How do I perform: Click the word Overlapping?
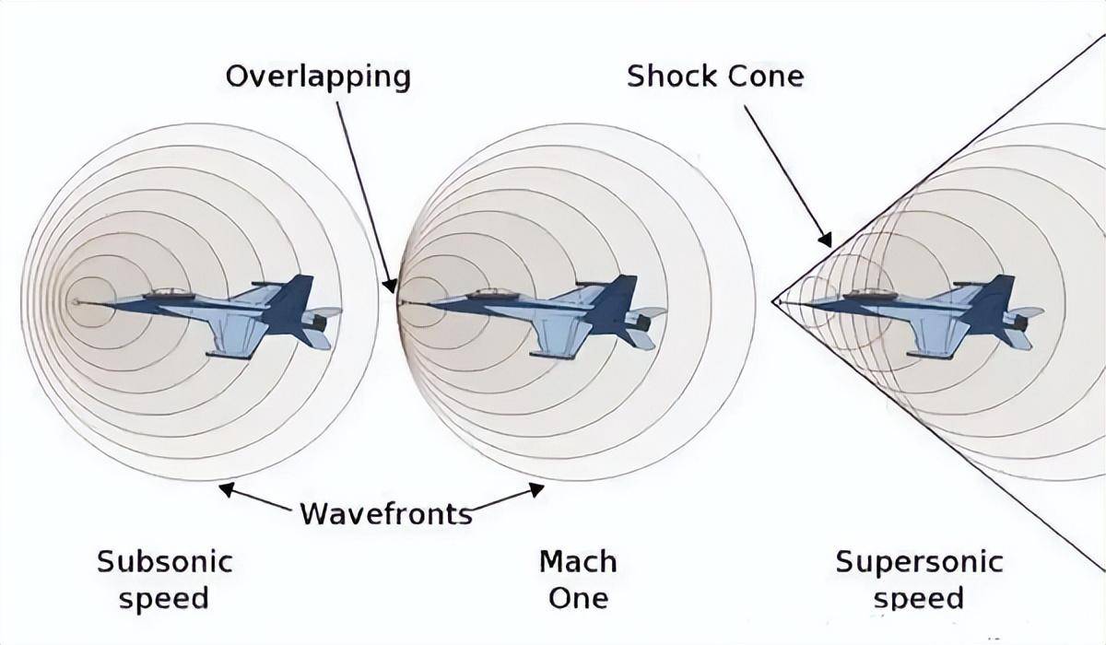coord(318,78)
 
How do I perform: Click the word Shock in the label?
coord(672,76)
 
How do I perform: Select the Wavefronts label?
coord(386,514)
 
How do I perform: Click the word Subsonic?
coord(165,561)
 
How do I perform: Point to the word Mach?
coord(578,561)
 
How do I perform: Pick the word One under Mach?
coord(578,599)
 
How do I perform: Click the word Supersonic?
coord(920,561)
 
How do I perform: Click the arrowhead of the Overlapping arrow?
coord(390,286)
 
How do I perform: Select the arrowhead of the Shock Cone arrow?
coord(825,240)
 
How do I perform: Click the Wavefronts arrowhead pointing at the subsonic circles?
coord(227,489)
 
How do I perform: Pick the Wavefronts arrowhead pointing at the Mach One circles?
coord(536,489)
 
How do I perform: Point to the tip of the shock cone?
coord(772,300)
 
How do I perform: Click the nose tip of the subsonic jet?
coord(74,301)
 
